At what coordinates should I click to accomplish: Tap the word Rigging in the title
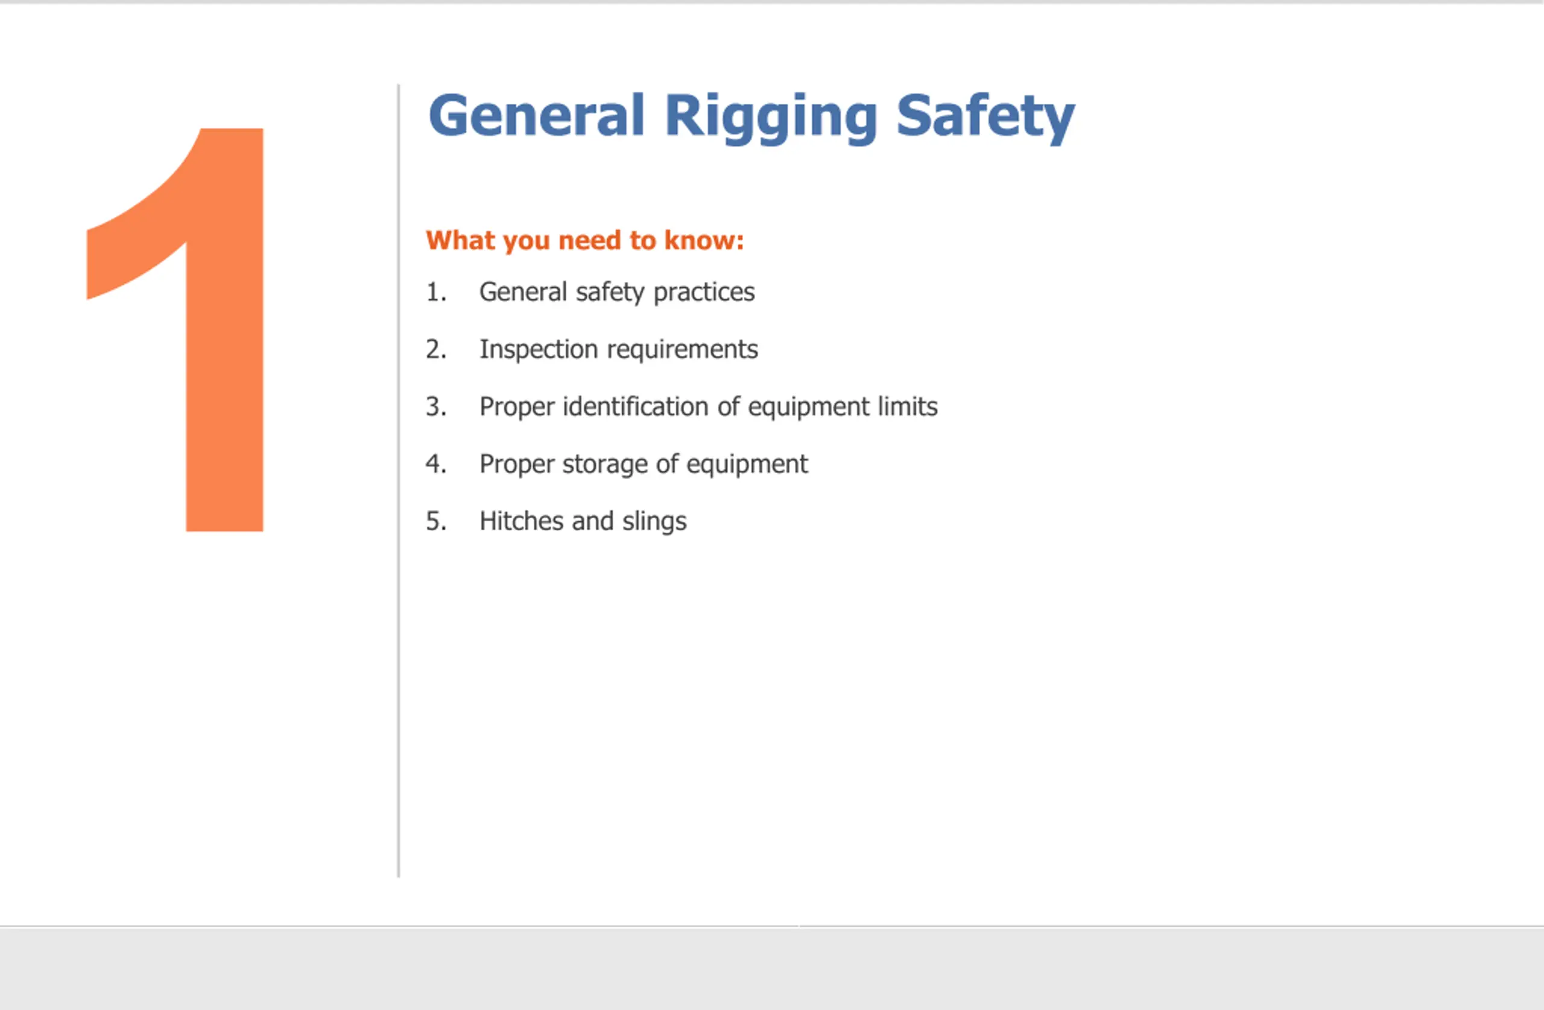(x=771, y=118)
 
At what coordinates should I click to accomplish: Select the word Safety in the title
(x=986, y=118)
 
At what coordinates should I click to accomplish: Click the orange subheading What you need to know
(x=584, y=240)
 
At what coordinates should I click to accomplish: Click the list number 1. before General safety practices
(x=436, y=291)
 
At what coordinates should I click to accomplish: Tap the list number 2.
(x=436, y=349)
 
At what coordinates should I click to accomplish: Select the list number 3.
(x=436, y=406)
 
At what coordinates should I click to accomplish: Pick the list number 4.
(x=436, y=463)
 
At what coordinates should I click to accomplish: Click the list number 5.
(x=436, y=521)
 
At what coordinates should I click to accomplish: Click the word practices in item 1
(x=704, y=293)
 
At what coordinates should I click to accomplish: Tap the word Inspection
(x=539, y=350)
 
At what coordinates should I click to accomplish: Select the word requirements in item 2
(x=683, y=351)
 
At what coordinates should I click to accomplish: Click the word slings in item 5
(x=654, y=522)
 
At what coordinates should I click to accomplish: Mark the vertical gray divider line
(x=398, y=481)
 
